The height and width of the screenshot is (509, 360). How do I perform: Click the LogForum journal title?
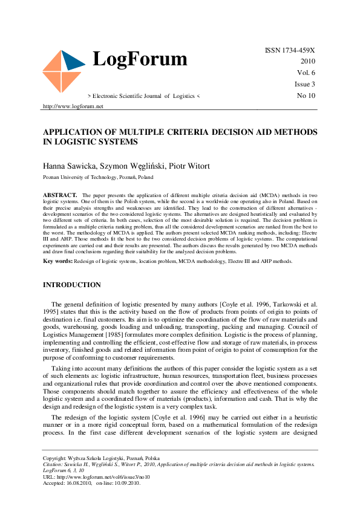140,59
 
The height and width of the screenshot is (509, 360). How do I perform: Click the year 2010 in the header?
307,62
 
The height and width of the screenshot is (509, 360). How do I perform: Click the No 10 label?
306,96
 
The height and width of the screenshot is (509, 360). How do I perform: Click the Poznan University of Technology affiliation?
97,178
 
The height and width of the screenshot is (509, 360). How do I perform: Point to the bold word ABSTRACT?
60,195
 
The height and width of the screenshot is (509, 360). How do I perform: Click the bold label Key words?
57,261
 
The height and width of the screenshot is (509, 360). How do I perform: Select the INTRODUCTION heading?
71,285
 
